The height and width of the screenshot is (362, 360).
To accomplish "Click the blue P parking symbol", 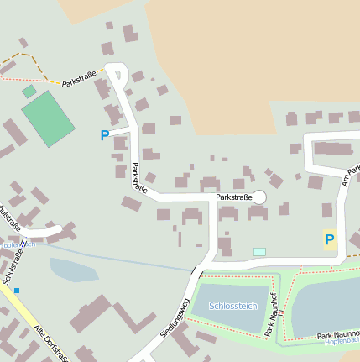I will (105, 134).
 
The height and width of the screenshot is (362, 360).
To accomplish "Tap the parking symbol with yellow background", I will (330, 239).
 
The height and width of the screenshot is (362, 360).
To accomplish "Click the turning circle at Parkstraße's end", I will (259, 197).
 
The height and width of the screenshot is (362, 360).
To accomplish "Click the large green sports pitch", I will (48, 118).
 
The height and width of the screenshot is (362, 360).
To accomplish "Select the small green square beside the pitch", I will (29, 91).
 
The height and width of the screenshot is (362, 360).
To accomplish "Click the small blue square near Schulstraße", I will (16, 291).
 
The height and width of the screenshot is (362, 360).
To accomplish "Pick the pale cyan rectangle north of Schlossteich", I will (259, 251).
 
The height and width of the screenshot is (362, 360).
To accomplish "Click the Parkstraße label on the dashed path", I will (79, 81).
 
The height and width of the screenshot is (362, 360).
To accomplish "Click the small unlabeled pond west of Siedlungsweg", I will (73, 270).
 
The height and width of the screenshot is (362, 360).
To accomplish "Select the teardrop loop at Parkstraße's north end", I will (115, 74).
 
